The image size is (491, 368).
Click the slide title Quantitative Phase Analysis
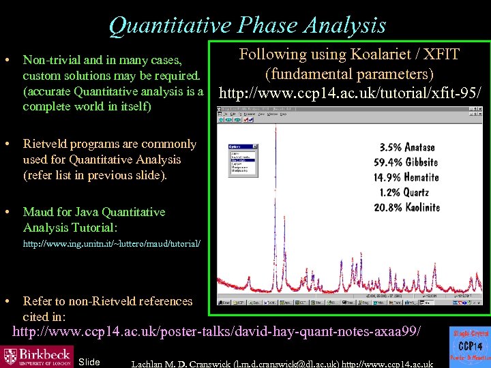point(247,25)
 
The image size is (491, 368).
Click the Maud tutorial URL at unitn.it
point(112,243)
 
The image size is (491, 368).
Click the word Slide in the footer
point(89,361)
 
